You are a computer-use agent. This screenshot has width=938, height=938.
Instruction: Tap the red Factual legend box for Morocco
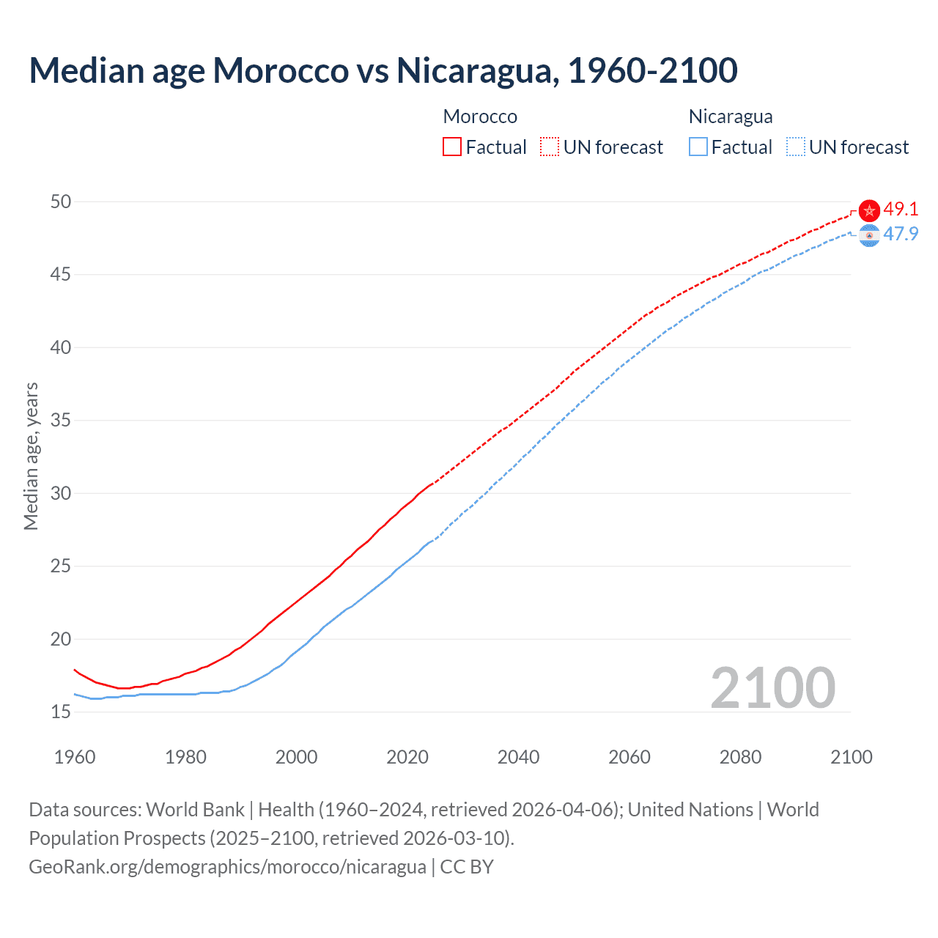point(452,147)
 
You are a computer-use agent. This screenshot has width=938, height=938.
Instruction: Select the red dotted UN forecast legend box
point(550,147)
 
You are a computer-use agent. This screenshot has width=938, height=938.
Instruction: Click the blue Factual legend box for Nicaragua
point(698,147)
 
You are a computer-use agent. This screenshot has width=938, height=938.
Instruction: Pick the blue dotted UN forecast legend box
point(795,147)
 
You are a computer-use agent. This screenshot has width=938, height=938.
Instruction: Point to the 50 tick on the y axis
point(61,202)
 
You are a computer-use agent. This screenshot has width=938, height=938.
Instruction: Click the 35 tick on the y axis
point(61,421)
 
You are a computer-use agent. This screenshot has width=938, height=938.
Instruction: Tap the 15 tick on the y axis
point(61,712)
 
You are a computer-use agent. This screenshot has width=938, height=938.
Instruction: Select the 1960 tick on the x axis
point(75,757)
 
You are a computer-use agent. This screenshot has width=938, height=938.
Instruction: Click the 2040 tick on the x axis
point(518,757)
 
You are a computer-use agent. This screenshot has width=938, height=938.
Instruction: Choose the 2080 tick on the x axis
point(740,757)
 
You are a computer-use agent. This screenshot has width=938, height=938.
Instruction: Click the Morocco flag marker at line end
point(869,211)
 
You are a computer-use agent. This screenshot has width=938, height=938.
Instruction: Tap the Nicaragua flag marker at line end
point(869,236)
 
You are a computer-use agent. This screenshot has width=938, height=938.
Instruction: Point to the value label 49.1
point(901,209)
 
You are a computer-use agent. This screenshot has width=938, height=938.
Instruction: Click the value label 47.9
point(901,234)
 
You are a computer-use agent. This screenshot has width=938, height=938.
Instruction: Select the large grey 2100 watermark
point(772,688)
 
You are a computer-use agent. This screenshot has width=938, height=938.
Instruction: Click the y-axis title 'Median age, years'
point(31,456)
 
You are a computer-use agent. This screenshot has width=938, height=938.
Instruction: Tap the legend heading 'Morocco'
point(480,117)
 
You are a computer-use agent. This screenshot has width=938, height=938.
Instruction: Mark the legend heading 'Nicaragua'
point(731,117)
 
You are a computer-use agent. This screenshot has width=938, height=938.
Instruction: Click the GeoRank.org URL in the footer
point(227,867)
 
